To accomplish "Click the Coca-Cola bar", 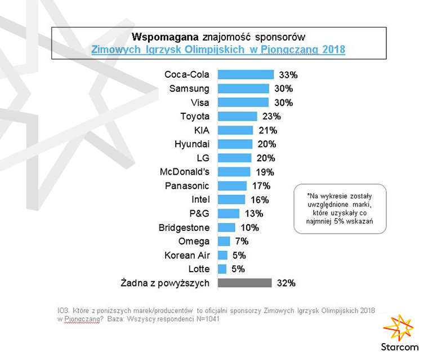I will point(246,74).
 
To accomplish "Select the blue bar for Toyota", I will point(237,116).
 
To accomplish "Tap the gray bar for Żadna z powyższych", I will point(244,283).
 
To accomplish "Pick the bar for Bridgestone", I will point(226,228).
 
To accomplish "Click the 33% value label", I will point(289,74).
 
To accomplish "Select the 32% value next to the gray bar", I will point(286,283).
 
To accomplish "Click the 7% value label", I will point(241,241).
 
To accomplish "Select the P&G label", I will point(200,214).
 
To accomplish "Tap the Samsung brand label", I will point(189,88).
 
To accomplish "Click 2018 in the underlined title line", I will point(333,50).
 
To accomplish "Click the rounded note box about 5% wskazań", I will point(340,208).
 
